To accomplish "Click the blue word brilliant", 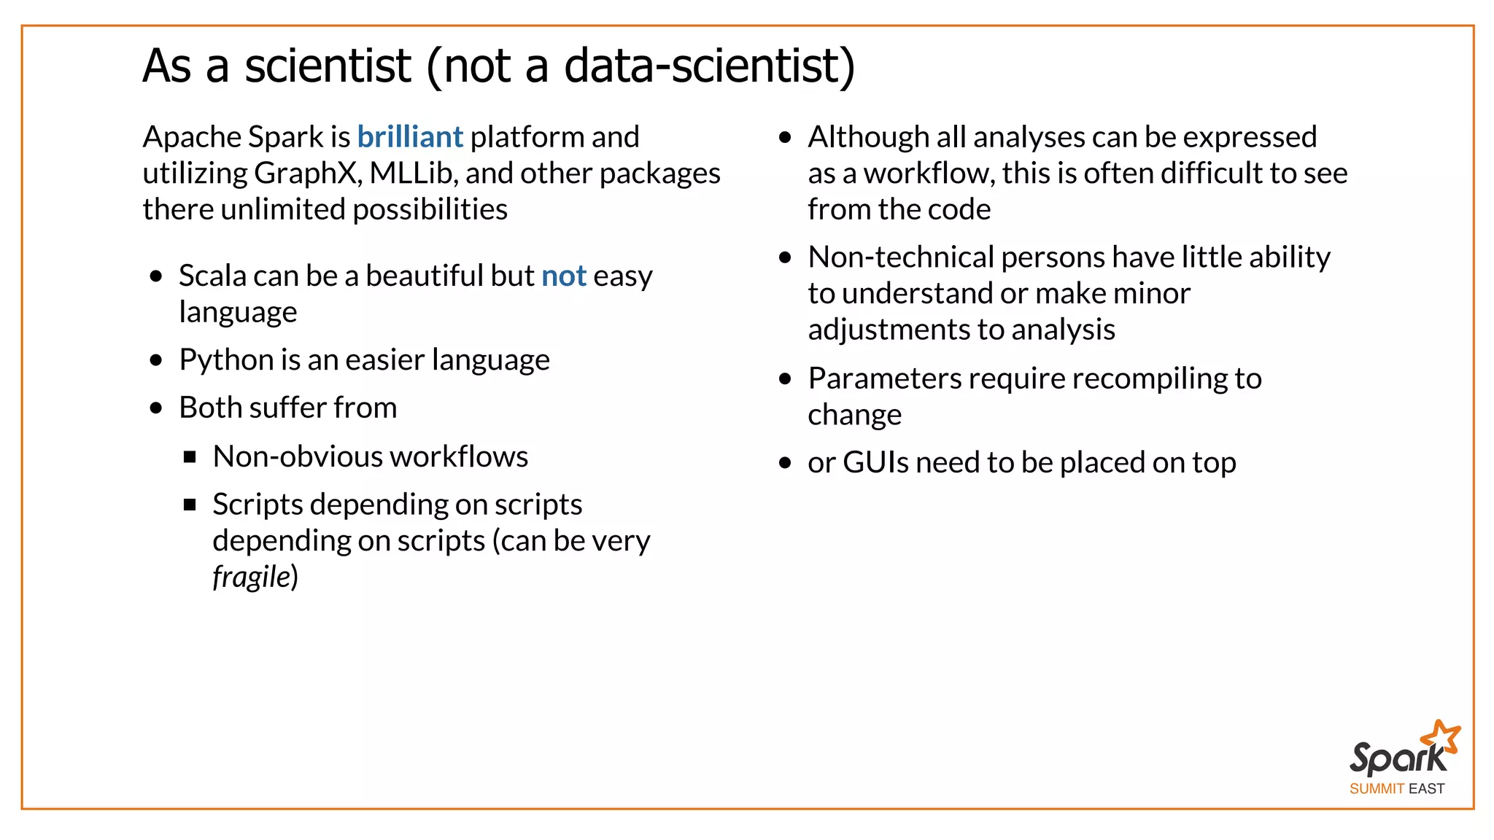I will (x=410, y=137).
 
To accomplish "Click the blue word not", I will (x=563, y=276).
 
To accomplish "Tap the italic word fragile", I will (x=252, y=577).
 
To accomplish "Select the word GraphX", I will (x=306, y=174).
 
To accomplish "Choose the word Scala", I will (x=212, y=276).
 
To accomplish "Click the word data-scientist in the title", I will (x=702, y=66).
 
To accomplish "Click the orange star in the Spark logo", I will (x=1442, y=738).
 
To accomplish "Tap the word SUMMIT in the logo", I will (x=1376, y=789).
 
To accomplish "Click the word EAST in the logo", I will (x=1426, y=789).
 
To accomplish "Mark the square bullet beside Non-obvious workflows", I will (x=190, y=457).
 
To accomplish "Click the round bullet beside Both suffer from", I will (x=156, y=408).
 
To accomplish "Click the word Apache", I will (x=191, y=137).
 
